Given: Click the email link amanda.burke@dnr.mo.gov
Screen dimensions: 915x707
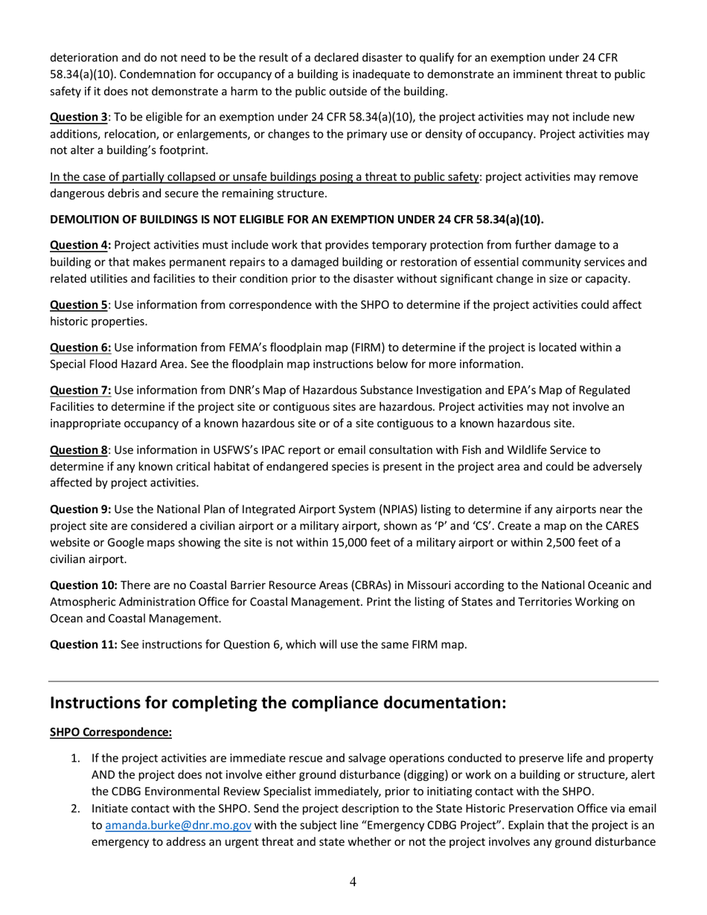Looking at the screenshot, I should (x=178, y=825).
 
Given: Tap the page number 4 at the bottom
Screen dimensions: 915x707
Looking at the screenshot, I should (x=353, y=882).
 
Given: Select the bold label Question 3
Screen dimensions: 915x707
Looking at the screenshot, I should (x=78, y=117).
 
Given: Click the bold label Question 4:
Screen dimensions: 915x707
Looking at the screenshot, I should (x=80, y=245).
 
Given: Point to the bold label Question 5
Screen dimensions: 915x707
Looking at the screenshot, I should (x=78, y=305).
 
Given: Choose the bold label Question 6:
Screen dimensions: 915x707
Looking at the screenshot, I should (x=80, y=347).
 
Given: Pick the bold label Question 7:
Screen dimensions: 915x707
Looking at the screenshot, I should (x=80, y=390).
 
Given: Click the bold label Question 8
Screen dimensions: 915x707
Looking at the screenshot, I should (x=78, y=450).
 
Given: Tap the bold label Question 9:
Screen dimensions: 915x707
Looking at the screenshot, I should (x=80, y=510).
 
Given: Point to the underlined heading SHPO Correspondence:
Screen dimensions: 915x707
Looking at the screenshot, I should (x=111, y=733).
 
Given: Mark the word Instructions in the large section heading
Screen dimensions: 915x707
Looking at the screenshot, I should (x=95, y=703).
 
